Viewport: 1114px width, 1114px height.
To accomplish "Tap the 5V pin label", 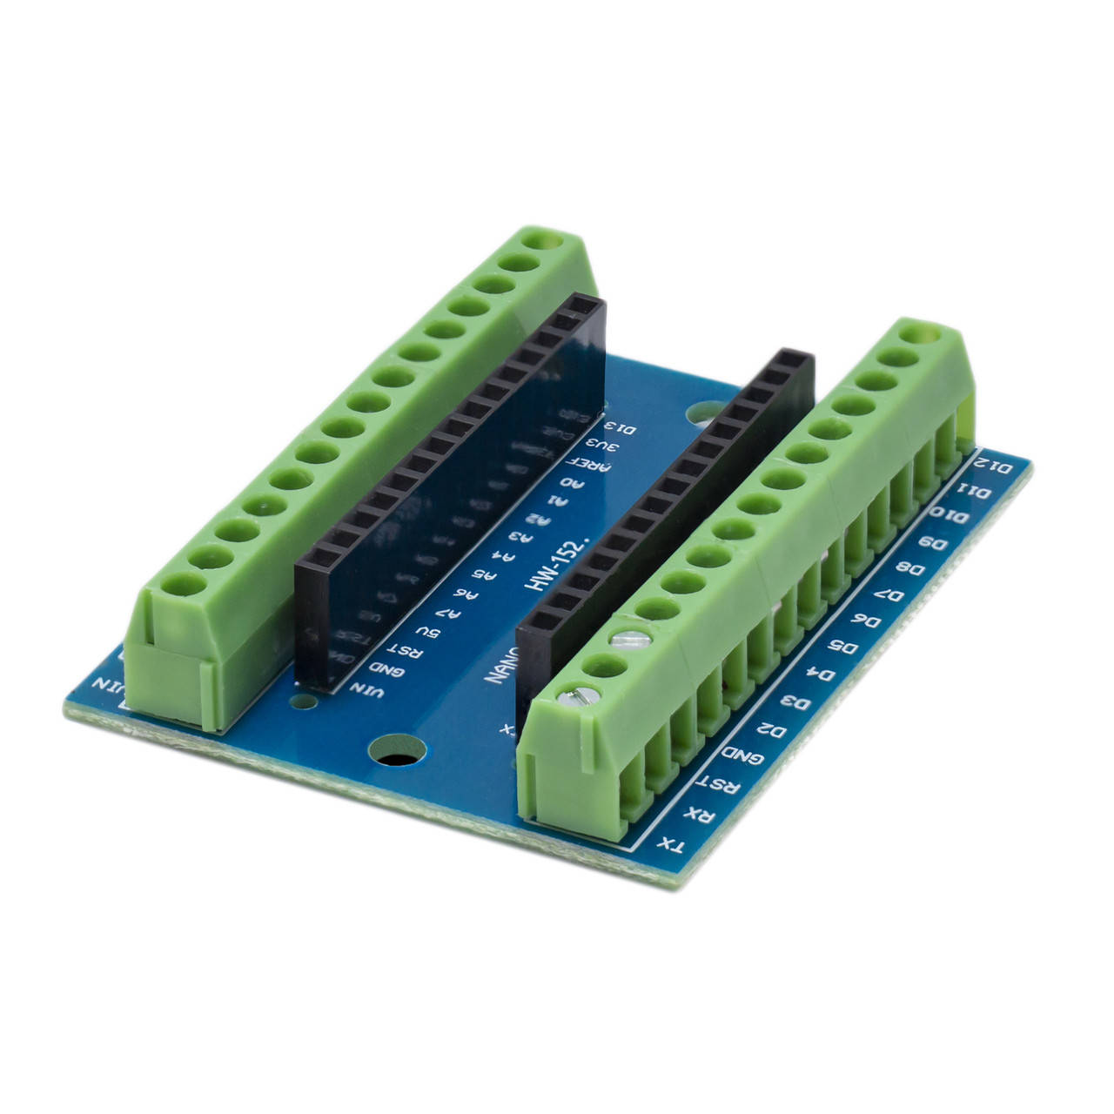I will [421, 631].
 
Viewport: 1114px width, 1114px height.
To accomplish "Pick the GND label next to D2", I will [749, 757].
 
